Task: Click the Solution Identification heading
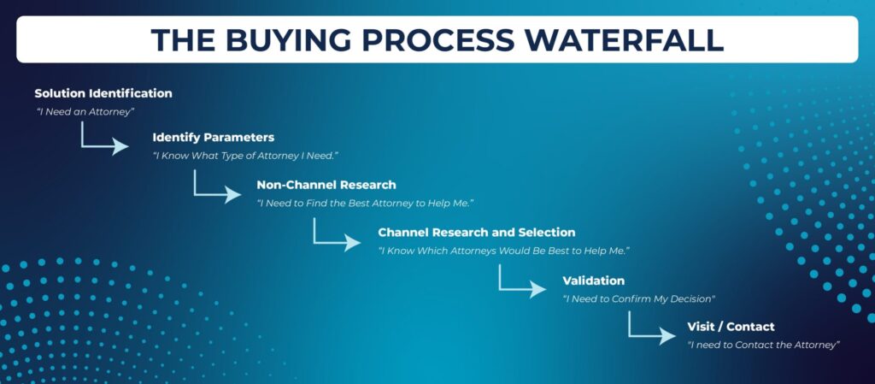(x=103, y=93)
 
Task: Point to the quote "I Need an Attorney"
(x=85, y=111)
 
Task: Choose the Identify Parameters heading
(x=213, y=137)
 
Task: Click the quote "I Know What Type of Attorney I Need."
(x=245, y=156)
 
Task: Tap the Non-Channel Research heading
(x=326, y=185)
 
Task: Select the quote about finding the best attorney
(x=365, y=203)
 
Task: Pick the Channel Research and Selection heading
(x=477, y=233)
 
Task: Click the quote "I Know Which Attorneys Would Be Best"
(x=503, y=251)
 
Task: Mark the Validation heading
(x=593, y=281)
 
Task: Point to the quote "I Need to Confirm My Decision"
(x=638, y=299)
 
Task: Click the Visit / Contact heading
(x=731, y=327)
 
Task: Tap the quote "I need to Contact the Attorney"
(x=764, y=345)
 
